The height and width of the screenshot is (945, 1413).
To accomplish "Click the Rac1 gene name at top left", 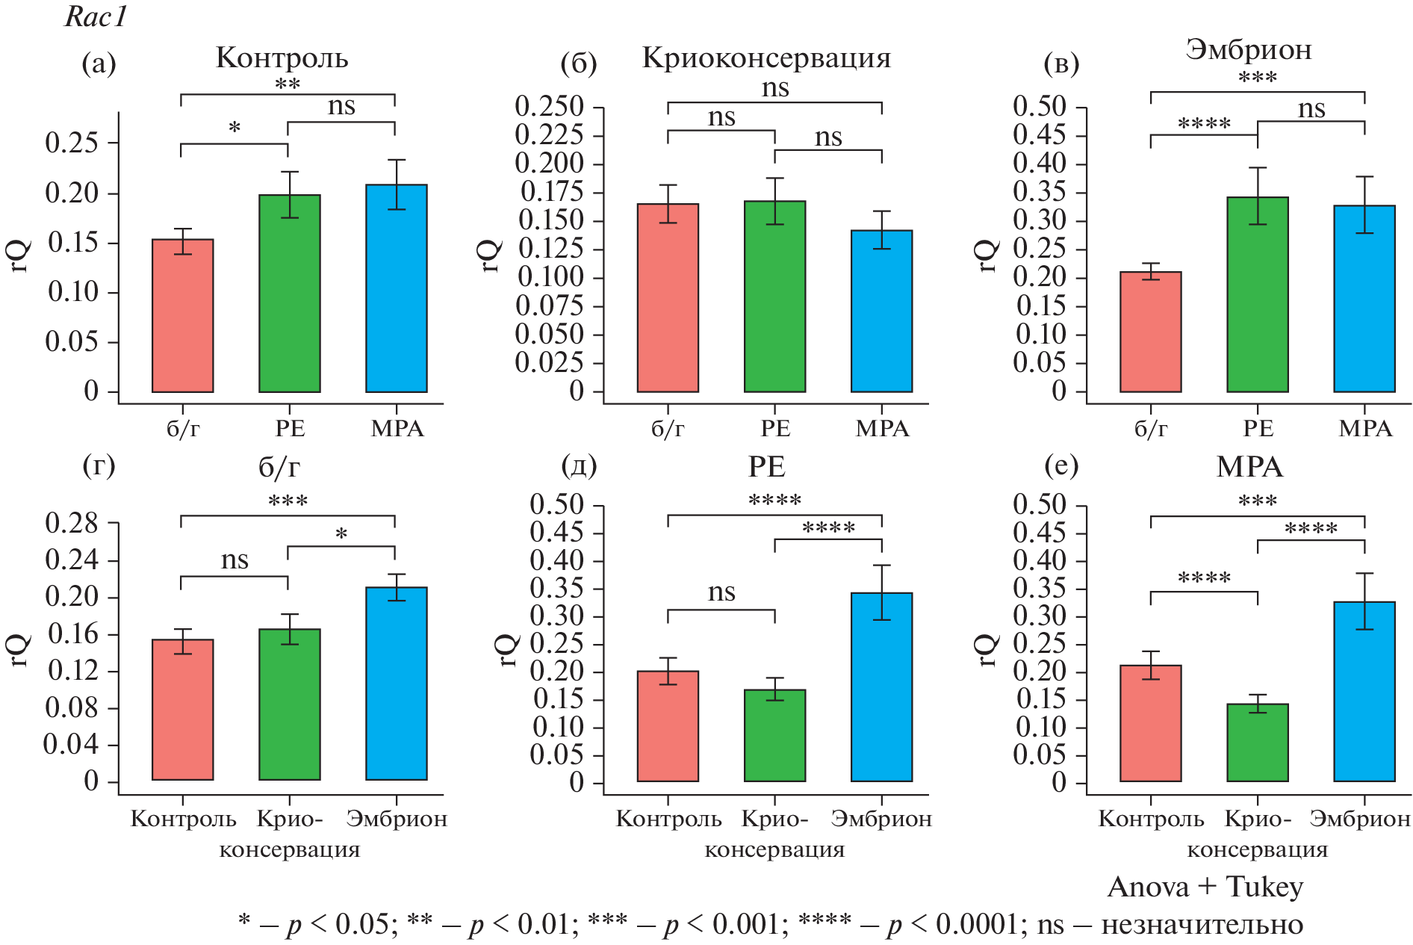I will pyautogui.click(x=96, y=17).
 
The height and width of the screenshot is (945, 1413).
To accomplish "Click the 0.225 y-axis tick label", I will pyautogui.click(x=549, y=135).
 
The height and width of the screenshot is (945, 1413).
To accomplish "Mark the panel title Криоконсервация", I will pyautogui.click(x=766, y=58).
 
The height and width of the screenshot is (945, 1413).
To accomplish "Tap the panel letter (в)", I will pyautogui.click(x=1061, y=65).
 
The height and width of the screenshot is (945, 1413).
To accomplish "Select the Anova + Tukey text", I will pyautogui.click(x=1205, y=887).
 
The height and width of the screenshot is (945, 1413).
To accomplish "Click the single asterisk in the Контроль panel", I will pyautogui.click(x=235, y=128).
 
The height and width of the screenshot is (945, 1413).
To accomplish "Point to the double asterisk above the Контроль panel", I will pyautogui.click(x=288, y=84).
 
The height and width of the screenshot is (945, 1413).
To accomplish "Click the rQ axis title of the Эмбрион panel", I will pyautogui.click(x=987, y=255).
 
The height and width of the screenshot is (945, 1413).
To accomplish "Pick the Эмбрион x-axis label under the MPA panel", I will pyautogui.click(x=1359, y=819).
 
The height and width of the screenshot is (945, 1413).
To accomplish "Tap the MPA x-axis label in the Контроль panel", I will pyautogui.click(x=397, y=429).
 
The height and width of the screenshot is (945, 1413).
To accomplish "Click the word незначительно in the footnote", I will pyautogui.click(x=1202, y=925).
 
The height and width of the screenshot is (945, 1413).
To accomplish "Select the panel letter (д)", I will pyautogui.click(x=579, y=465).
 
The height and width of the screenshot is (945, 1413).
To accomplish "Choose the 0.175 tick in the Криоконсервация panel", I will pyautogui.click(x=552, y=192).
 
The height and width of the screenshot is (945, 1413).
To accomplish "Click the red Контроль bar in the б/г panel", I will pyautogui.click(x=183, y=709).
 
